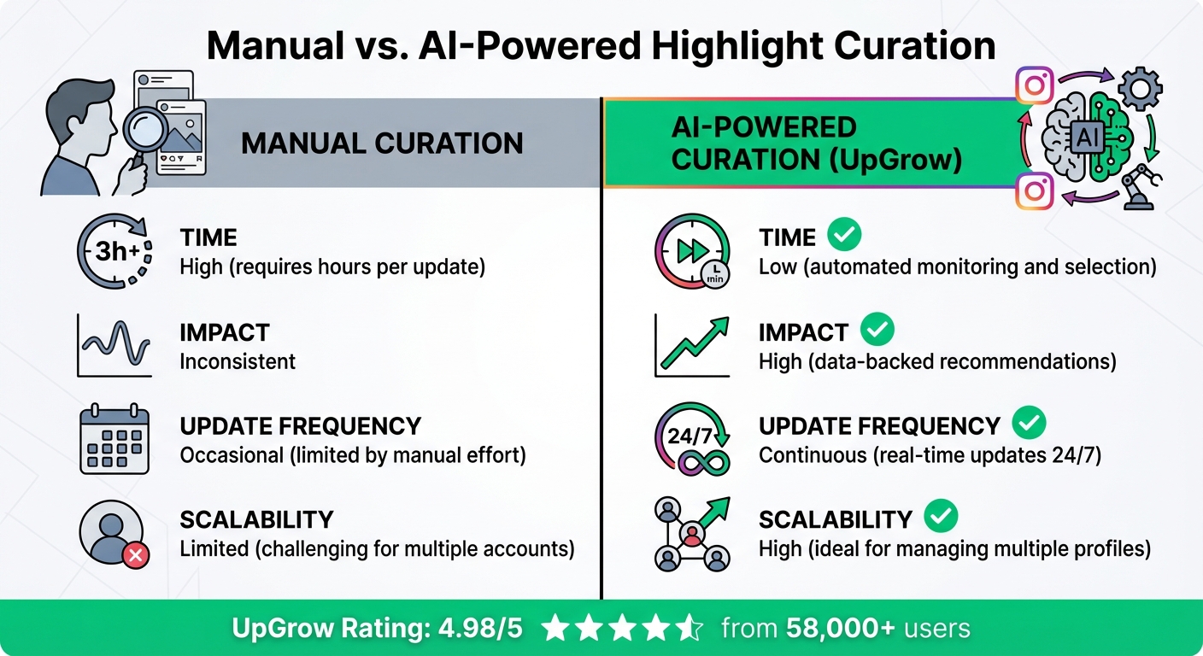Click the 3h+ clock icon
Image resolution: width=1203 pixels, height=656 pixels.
(x=114, y=252)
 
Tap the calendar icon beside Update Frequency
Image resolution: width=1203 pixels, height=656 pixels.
(x=114, y=442)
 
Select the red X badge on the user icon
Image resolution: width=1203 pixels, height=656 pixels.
(x=136, y=557)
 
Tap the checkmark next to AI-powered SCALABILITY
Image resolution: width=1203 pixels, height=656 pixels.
(x=940, y=516)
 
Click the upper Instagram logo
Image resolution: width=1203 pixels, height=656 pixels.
(x=1035, y=86)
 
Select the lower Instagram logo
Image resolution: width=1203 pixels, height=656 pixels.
(x=1035, y=190)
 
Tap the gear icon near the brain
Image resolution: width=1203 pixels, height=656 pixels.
(x=1139, y=88)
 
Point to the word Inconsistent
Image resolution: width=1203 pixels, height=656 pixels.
(x=238, y=361)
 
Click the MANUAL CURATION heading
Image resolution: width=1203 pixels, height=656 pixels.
(x=382, y=143)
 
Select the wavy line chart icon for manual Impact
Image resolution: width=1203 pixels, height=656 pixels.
(x=114, y=346)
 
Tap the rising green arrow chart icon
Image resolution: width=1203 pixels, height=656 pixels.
(x=692, y=346)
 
